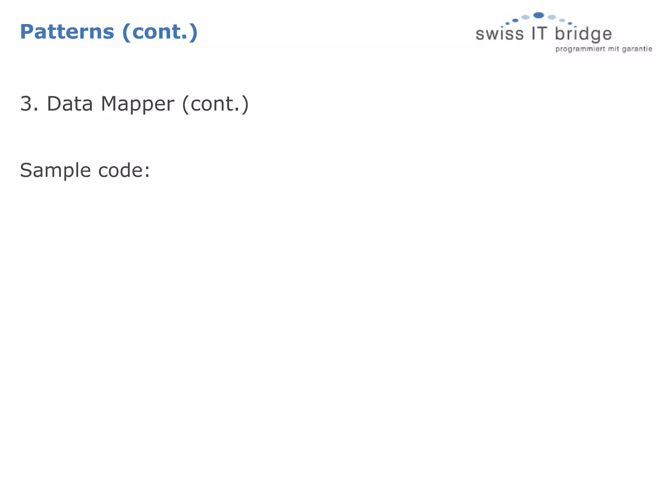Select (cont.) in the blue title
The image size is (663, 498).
[x=160, y=32]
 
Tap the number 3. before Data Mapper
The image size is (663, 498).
[x=29, y=104]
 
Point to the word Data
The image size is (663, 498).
[x=70, y=104]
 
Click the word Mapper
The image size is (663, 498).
[x=138, y=104]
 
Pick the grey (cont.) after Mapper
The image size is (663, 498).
[x=216, y=104]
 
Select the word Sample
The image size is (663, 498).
[x=55, y=170]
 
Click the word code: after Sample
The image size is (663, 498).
[x=124, y=170]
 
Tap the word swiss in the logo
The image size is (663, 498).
[x=500, y=34]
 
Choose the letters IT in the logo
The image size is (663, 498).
[x=539, y=33]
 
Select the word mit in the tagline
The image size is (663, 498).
[x=613, y=49]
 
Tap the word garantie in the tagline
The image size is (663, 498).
[x=637, y=49]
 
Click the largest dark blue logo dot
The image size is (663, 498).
[x=538, y=15]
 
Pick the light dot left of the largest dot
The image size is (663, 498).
[x=525, y=17]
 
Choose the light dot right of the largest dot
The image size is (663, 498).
[x=552, y=17]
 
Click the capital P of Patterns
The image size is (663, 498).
[x=27, y=32]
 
